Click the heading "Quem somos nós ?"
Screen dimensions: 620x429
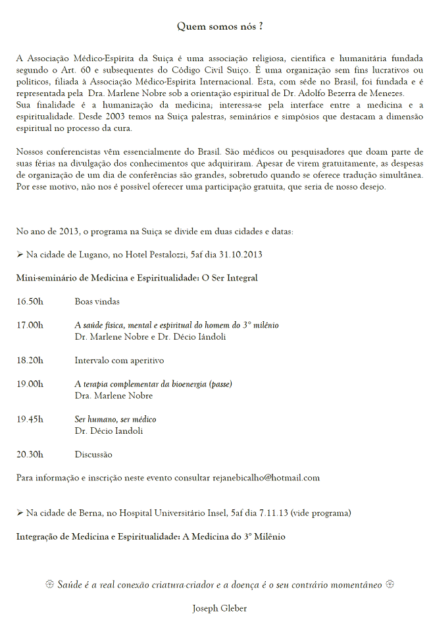point(220,26)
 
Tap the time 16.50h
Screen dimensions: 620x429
point(30,301)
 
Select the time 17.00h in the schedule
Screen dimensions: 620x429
point(30,325)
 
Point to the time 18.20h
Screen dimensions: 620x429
point(30,361)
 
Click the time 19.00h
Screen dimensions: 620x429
point(30,384)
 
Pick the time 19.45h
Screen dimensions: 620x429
point(30,419)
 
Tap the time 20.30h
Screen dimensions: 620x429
point(30,454)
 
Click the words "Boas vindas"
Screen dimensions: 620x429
point(97,301)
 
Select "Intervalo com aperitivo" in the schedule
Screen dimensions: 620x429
point(119,361)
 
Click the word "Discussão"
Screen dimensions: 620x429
point(93,454)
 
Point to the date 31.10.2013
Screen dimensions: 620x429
point(241,254)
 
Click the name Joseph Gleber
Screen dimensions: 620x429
point(220,608)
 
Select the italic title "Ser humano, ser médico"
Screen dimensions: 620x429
point(115,419)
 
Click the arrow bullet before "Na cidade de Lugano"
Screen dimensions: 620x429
point(20,254)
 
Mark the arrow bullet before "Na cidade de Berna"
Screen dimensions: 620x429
point(20,513)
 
